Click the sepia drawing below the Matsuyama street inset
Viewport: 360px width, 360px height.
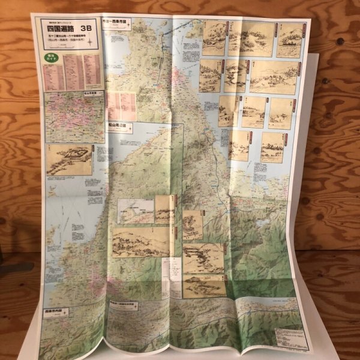pos(69,160)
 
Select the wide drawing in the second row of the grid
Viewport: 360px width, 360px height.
pos(273,76)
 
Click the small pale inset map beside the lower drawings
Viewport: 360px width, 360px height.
pos(135,211)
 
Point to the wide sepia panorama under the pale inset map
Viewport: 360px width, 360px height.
pos(141,242)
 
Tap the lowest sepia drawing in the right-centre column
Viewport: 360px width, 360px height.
pos(203,287)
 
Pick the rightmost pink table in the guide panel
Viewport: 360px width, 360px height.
pos(92,71)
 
